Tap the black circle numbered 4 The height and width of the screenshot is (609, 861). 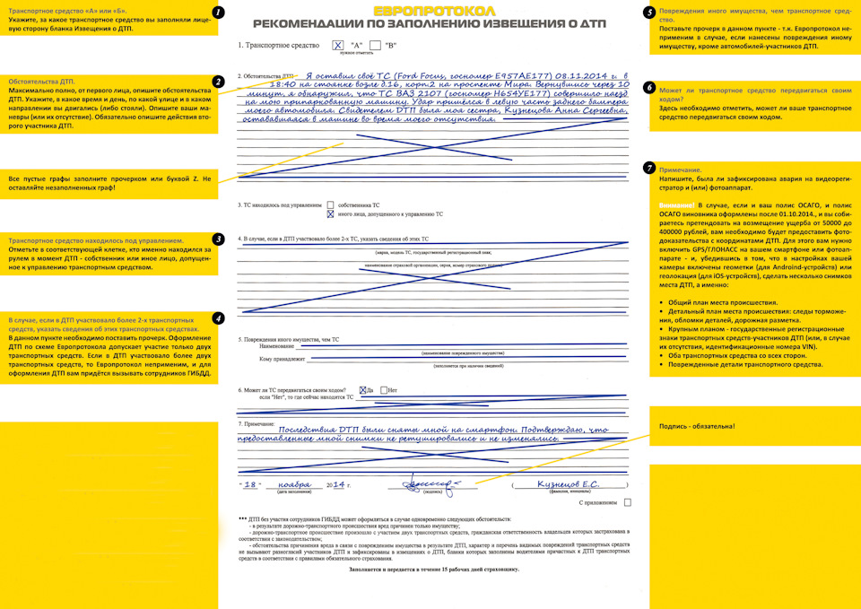218,318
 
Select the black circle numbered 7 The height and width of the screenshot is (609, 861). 648,169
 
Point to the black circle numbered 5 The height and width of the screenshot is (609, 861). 648,13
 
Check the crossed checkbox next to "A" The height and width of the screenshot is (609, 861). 337,44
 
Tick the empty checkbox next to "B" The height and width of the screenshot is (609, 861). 375,44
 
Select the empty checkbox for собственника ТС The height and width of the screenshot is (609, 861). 330,205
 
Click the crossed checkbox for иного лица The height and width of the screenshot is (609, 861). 330,215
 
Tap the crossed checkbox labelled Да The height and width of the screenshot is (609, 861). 362,390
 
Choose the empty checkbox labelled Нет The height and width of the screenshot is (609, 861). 385,390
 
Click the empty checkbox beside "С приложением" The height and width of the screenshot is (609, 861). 627,503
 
